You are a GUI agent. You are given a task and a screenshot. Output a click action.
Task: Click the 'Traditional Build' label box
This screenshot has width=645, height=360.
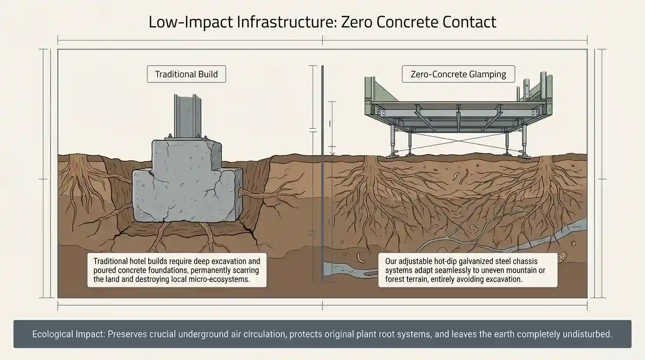186,74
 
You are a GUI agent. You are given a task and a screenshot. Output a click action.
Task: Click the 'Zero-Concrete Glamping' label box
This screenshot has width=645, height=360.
458,74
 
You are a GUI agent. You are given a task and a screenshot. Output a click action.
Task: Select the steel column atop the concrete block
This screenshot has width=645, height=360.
187,115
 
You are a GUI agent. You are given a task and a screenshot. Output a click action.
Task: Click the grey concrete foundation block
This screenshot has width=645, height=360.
187,183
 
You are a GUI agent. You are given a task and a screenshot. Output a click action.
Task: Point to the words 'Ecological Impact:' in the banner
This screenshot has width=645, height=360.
68,334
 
